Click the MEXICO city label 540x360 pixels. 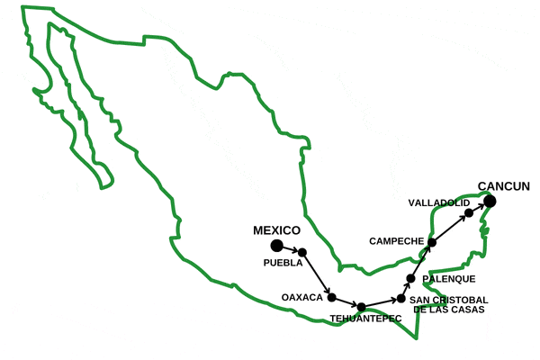276,230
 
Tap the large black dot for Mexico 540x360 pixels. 276,245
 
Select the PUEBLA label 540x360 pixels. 283,264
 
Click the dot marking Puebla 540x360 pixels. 302,252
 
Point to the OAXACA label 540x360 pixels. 301,296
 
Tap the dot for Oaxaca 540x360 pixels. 331,297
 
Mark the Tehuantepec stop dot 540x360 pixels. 362,307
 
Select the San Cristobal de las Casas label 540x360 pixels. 448,304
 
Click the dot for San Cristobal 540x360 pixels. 400,299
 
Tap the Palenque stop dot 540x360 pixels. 410,278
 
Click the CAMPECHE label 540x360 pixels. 395,241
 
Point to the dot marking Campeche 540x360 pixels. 432,242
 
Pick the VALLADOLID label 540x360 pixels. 438,202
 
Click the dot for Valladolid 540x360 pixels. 469,212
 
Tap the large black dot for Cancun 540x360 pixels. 492,200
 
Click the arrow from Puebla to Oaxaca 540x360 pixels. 317,274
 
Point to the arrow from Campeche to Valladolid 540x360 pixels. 450,228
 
